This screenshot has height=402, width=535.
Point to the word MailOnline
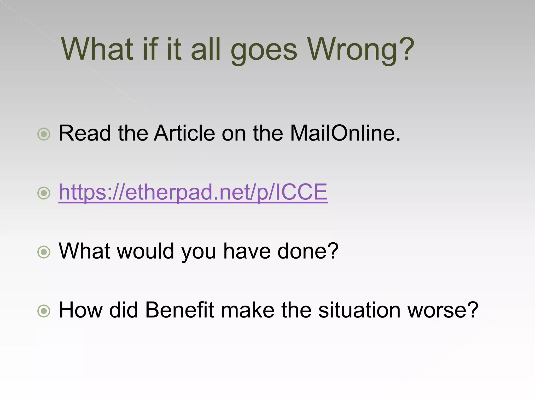pyautogui.click(x=345, y=133)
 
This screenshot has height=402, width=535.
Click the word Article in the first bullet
pyautogui.click(x=184, y=133)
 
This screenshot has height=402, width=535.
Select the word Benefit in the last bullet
pyautogui.click(x=179, y=310)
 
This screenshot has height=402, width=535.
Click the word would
pyautogui.click(x=145, y=251)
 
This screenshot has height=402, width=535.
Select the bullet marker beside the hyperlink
pyautogui.click(x=44, y=193)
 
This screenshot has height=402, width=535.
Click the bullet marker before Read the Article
pyautogui.click(x=44, y=134)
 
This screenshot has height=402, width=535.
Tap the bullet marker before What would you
pyautogui.click(x=44, y=252)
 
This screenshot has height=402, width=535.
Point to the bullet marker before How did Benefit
pyautogui.click(x=44, y=311)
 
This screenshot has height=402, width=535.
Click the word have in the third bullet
pyautogui.click(x=247, y=251)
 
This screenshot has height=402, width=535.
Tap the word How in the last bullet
pyautogui.click(x=81, y=310)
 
